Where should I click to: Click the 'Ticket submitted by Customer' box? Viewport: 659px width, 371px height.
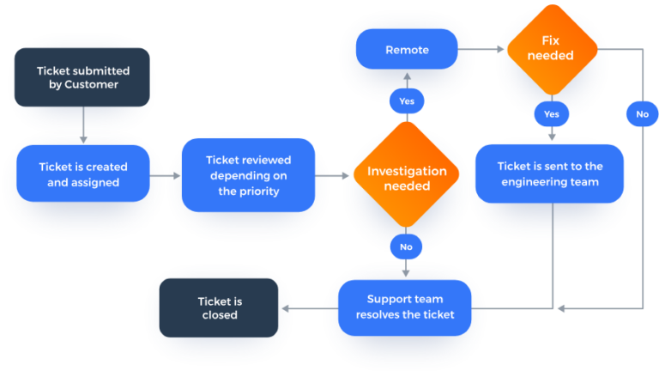[x=82, y=77]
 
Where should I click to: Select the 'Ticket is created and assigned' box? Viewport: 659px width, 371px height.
[x=83, y=174]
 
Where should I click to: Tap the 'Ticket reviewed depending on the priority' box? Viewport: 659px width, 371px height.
[x=248, y=175]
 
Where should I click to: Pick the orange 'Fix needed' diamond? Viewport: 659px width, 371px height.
[x=551, y=48]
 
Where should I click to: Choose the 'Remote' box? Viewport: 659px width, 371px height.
[x=407, y=50]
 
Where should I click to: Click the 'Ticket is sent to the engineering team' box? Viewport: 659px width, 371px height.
[x=550, y=174]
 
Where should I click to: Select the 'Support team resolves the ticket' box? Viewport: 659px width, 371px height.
[x=405, y=307]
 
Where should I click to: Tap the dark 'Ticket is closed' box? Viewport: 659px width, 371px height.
[x=220, y=307]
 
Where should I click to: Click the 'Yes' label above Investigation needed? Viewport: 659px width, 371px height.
[x=407, y=101]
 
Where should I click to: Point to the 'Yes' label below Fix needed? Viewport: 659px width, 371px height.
[x=551, y=113]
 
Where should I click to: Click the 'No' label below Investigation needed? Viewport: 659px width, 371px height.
[x=407, y=246]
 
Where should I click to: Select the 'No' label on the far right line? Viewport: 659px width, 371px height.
[x=642, y=113]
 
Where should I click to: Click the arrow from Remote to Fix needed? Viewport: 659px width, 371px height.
[x=481, y=50]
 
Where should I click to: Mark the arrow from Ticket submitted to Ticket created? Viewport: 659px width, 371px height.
[x=82, y=125]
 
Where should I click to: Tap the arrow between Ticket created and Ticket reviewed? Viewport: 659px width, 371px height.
[x=166, y=176]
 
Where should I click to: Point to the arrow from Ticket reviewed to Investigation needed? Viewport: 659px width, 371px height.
[x=334, y=176]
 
